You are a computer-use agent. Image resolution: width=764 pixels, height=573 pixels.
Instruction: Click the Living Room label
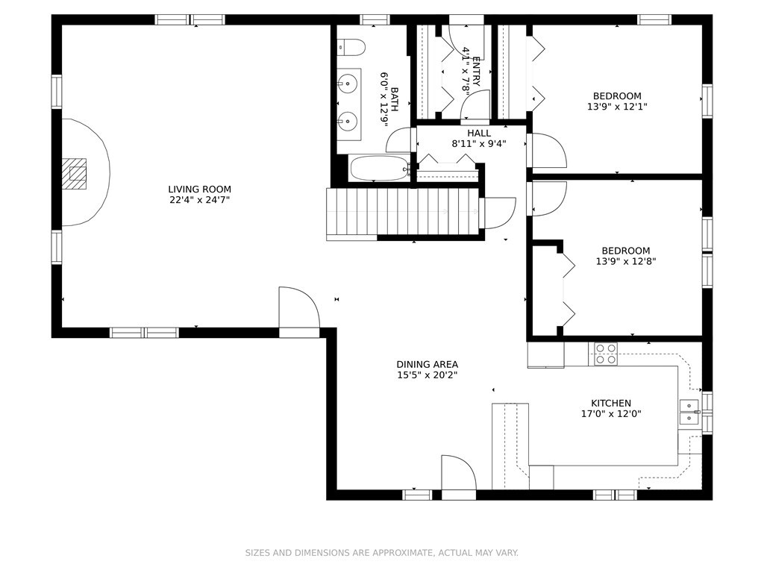(x=200, y=189)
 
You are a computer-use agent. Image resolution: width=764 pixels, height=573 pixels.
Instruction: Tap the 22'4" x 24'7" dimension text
(x=200, y=200)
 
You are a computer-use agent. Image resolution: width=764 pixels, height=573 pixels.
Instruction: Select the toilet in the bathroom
(x=351, y=47)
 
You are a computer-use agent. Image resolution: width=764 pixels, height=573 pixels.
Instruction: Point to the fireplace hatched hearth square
(x=74, y=173)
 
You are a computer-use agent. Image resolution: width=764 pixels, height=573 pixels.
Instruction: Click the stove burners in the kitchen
(x=606, y=354)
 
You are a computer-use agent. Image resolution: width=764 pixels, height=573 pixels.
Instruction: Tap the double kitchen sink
(x=689, y=412)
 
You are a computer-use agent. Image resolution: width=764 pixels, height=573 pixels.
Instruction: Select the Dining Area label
(x=428, y=364)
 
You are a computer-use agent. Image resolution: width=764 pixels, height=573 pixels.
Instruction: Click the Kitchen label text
(x=611, y=404)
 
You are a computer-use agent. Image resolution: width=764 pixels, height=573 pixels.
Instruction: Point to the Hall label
(x=479, y=134)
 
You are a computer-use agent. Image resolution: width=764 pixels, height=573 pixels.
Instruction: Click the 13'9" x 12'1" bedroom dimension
(x=617, y=107)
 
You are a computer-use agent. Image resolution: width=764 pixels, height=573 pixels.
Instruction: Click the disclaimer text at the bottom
(x=381, y=553)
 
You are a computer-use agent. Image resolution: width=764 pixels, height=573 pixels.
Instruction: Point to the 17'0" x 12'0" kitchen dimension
(x=611, y=414)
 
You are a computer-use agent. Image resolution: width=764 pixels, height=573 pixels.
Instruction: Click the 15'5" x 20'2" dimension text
(x=428, y=375)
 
